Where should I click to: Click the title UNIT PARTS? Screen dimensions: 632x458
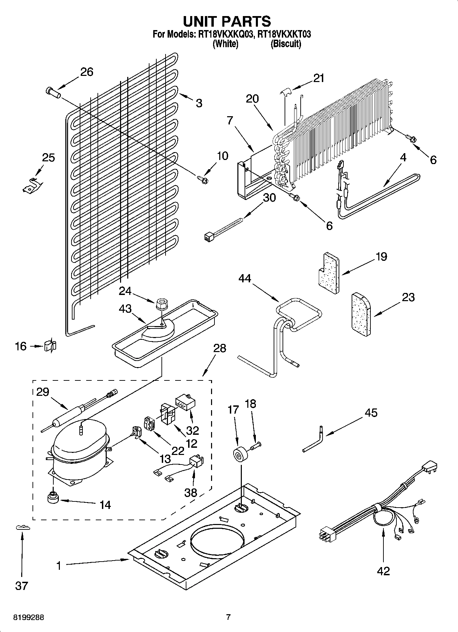(x=227, y=21)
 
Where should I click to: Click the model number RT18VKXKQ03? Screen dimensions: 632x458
(x=224, y=34)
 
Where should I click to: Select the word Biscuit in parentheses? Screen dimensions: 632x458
(x=286, y=44)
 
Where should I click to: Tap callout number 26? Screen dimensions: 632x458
(x=87, y=72)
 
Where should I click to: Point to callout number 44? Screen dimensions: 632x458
(x=245, y=279)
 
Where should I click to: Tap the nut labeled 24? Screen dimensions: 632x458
(x=160, y=304)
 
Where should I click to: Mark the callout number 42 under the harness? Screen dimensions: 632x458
(x=383, y=571)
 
